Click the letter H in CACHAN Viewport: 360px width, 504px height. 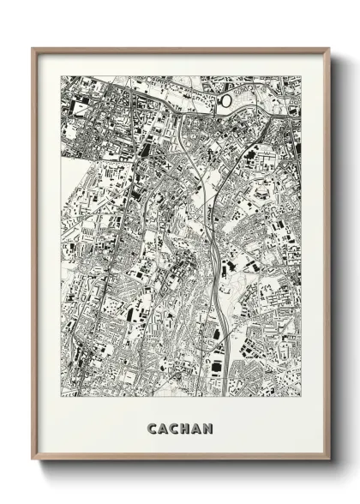tap(184, 427)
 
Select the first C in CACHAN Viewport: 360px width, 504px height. tap(152, 427)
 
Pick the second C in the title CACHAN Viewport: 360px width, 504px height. tap(174, 427)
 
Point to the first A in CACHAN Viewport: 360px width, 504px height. tap(163, 427)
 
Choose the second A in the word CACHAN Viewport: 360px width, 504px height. tap(196, 427)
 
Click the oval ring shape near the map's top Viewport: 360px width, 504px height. tap(226, 101)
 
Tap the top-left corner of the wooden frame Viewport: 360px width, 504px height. tap(33, 49)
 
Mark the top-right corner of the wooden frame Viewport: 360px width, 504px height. tap(328, 49)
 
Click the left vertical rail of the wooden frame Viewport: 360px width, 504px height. tap(34, 257)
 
